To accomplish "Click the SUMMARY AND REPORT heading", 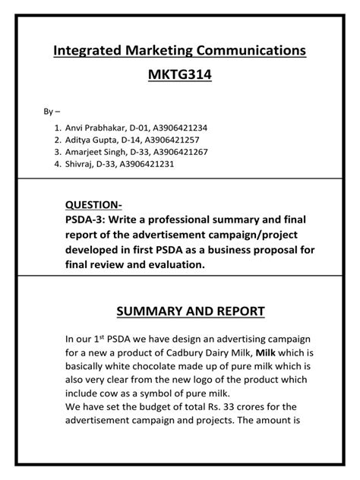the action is click(x=179, y=311).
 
